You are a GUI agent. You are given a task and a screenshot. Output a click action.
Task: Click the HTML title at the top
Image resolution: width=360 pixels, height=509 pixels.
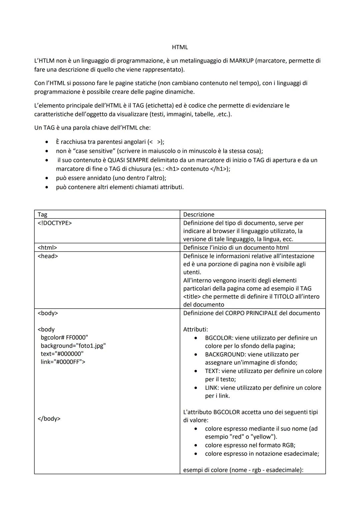180,47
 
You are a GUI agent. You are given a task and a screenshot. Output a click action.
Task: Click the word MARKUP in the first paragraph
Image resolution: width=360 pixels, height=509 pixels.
241,61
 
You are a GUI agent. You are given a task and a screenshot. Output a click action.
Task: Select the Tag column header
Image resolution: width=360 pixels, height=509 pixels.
42,214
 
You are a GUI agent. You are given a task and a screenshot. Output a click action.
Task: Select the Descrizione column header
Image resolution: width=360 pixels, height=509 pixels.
199,214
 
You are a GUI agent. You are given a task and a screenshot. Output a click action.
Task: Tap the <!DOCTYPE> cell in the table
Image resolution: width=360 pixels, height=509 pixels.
55,223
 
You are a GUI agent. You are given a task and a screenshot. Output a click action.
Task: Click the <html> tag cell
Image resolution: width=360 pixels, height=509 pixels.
47,247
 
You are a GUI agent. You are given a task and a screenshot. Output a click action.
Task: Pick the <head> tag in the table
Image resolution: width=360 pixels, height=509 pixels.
48,256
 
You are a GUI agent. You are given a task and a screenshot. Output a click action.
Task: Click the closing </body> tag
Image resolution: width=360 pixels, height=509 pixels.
49,418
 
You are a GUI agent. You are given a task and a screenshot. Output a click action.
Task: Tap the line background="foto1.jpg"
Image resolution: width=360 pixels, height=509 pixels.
73,346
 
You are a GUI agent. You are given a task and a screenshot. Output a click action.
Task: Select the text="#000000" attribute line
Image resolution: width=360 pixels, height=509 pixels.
62,354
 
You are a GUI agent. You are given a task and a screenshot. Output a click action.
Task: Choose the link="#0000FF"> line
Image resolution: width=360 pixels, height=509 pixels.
63,362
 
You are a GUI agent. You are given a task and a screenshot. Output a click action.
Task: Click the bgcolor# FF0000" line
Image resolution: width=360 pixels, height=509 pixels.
64,337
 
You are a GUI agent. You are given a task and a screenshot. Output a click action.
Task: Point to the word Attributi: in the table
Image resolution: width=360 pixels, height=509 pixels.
196,329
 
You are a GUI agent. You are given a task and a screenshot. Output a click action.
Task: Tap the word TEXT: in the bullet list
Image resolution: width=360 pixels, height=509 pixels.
212,371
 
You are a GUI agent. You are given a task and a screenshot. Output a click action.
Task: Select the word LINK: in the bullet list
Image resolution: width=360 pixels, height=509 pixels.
212,388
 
